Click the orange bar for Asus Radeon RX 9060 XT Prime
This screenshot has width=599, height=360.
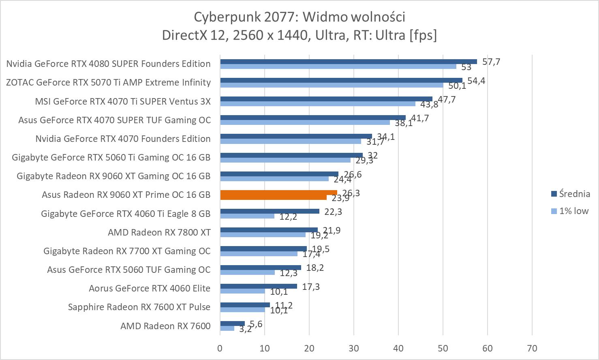click(x=278, y=193)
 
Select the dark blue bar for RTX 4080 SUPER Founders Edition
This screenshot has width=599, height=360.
click(x=349, y=62)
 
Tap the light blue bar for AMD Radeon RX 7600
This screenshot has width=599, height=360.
click(x=227, y=328)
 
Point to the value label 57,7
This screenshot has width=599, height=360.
click(x=491, y=62)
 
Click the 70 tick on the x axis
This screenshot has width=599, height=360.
click(x=532, y=348)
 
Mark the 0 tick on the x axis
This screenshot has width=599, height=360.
click(x=220, y=348)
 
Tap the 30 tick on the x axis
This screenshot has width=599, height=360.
click(x=354, y=348)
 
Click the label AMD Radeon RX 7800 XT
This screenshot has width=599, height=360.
click(x=159, y=232)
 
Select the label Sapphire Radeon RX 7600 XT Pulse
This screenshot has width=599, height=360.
click(x=139, y=307)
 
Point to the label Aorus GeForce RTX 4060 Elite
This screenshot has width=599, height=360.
click(x=150, y=288)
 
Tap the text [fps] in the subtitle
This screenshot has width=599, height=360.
click(x=423, y=35)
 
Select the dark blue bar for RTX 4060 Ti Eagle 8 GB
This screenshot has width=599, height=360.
click(x=270, y=211)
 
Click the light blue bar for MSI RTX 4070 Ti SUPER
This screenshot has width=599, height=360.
click(x=318, y=104)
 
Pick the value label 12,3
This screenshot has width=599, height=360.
click(x=288, y=273)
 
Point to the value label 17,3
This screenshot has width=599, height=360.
click(x=311, y=287)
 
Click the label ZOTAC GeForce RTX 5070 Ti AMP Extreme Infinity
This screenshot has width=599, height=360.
click(x=109, y=82)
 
